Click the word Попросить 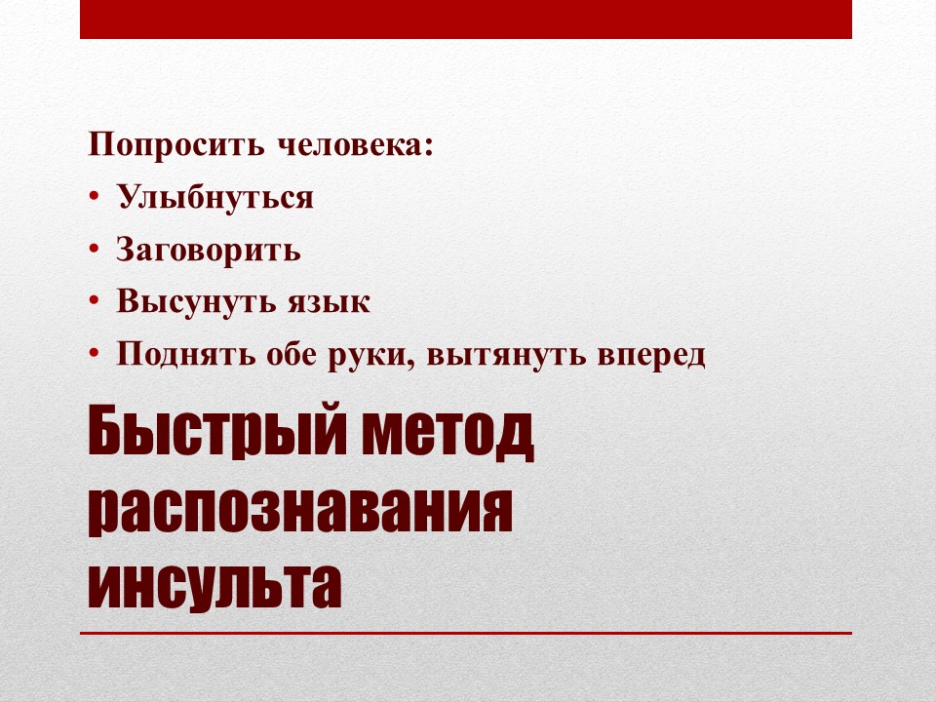tap(176, 145)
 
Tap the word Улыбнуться tap(214, 198)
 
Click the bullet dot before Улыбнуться tap(94, 197)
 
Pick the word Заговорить tap(209, 251)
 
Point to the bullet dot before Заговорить tap(94, 250)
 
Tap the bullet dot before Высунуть tap(94, 301)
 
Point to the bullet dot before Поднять tap(94, 354)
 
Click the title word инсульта tap(214, 583)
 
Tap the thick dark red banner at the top tap(466, 19)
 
